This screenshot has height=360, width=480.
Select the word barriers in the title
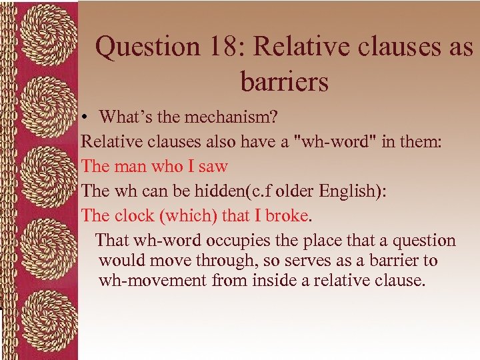pyautogui.click(x=285, y=82)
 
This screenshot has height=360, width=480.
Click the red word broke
pyautogui.click(x=287, y=215)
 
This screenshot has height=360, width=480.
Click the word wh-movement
pyautogui.click(x=153, y=281)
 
